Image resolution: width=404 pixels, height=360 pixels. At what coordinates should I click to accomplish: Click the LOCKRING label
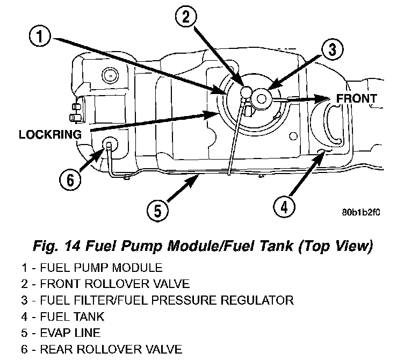pyautogui.click(x=50, y=134)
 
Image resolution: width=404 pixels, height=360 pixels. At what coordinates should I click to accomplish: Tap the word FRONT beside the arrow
pyautogui.click(x=356, y=99)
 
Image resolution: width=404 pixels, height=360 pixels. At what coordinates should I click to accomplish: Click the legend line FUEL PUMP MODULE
pyautogui.click(x=93, y=267)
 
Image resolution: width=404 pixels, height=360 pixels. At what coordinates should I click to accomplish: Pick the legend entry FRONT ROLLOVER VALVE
pyautogui.click(x=105, y=283)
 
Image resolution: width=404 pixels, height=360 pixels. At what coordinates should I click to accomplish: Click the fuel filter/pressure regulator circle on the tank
pyautogui.click(x=262, y=98)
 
